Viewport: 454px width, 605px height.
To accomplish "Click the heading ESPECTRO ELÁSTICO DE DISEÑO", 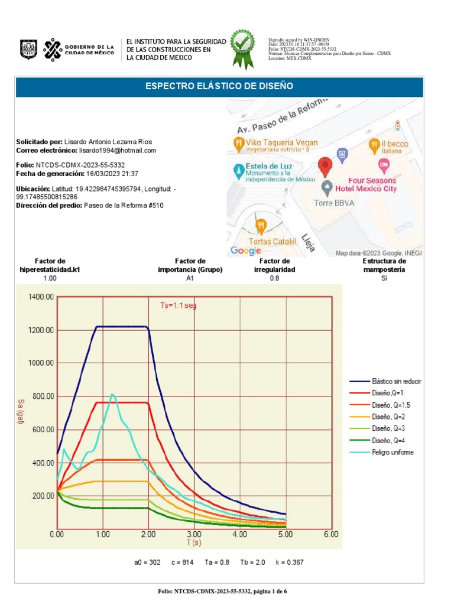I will [x=219, y=87].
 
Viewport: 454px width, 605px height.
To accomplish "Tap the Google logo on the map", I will [x=245, y=251].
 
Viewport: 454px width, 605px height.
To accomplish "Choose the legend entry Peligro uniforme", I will [x=393, y=452].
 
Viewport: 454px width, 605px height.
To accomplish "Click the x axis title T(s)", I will [x=194, y=542].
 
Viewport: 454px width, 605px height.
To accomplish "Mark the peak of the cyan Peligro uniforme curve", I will [x=112, y=394].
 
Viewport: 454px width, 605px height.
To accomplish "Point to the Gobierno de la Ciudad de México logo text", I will [x=90, y=50].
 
